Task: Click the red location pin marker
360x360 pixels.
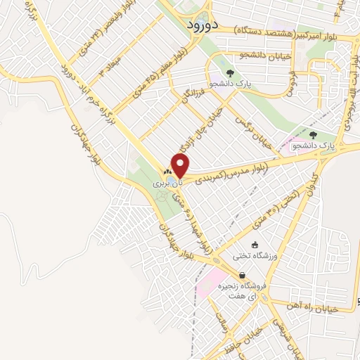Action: click(x=181, y=167)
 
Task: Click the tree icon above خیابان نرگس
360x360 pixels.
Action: click(x=230, y=72)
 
